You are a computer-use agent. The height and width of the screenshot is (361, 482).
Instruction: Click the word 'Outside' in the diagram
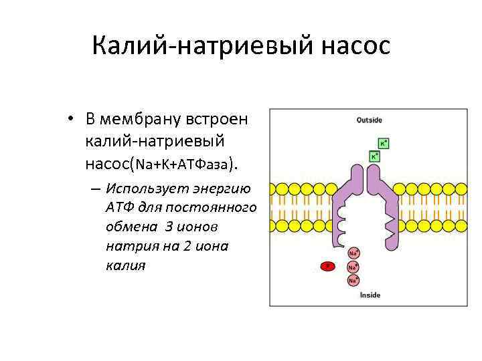tap(369, 120)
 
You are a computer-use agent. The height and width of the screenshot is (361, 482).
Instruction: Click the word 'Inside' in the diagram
tap(370, 295)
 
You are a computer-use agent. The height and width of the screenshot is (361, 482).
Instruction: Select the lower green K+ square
tap(376, 156)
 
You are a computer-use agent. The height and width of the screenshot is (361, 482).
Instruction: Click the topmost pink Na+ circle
tap(353, 253)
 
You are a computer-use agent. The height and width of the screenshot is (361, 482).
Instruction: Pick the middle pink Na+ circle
tap(353, 267)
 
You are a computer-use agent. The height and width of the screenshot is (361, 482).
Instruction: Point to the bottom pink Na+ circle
tap(353, 280)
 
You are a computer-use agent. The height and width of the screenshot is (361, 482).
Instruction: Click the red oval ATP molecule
tap(328, 266)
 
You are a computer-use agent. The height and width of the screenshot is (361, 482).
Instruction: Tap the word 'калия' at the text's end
tap(125, 265)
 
